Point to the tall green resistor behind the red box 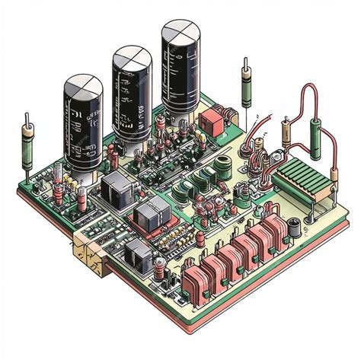[246, 91]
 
